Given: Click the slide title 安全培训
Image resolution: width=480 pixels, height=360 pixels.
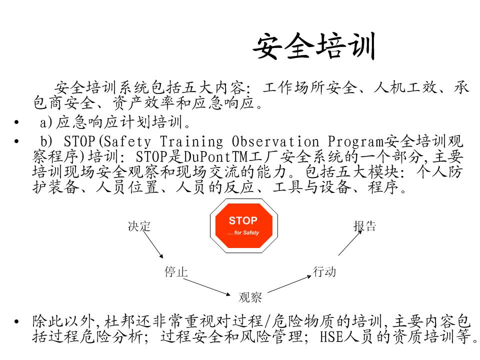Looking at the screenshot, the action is [314, 46].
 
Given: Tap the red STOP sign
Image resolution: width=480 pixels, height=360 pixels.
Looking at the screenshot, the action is [244, 226].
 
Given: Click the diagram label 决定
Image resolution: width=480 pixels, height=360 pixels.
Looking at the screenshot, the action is [139, 226].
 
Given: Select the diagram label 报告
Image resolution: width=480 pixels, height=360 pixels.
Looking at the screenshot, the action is [364, 226].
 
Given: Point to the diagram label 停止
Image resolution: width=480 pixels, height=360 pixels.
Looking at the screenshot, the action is [176, 271].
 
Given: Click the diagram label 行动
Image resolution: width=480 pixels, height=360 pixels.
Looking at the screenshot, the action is [324, 271].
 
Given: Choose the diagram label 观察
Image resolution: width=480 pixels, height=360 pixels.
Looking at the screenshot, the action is [250, 297].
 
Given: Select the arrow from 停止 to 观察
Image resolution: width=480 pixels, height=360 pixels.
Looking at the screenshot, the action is [207, 287].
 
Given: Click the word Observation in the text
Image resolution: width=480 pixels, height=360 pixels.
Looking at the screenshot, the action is [275, 141].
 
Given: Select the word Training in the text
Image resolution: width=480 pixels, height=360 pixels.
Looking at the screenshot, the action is [191, 142].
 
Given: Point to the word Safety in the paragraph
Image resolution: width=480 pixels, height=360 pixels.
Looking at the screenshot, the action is [127, 142].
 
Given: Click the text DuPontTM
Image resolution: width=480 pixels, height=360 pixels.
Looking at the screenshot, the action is [215, 157].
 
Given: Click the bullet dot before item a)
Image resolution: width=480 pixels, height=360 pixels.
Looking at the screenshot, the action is [16, 122].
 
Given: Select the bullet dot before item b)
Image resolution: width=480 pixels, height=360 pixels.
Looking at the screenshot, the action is [16, 141].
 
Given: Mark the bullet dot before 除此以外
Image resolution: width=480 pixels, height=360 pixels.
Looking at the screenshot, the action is [16, 321].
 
